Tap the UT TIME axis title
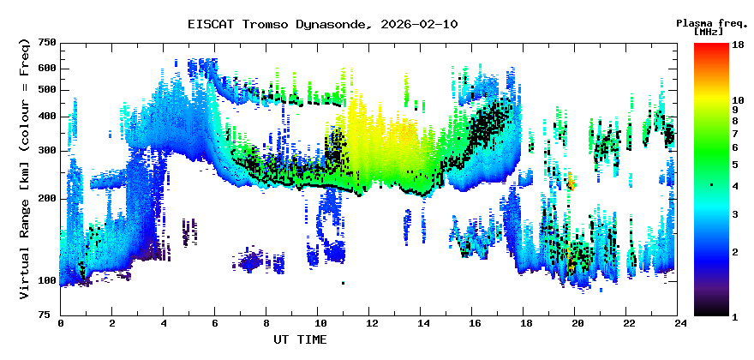300,339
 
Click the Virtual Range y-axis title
24,169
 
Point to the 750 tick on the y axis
46,43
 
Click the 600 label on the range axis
46,68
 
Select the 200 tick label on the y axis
46,199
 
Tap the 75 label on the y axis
50,315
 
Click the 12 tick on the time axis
372,323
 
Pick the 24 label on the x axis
680,323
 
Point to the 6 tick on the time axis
215,323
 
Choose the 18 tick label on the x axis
526,323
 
